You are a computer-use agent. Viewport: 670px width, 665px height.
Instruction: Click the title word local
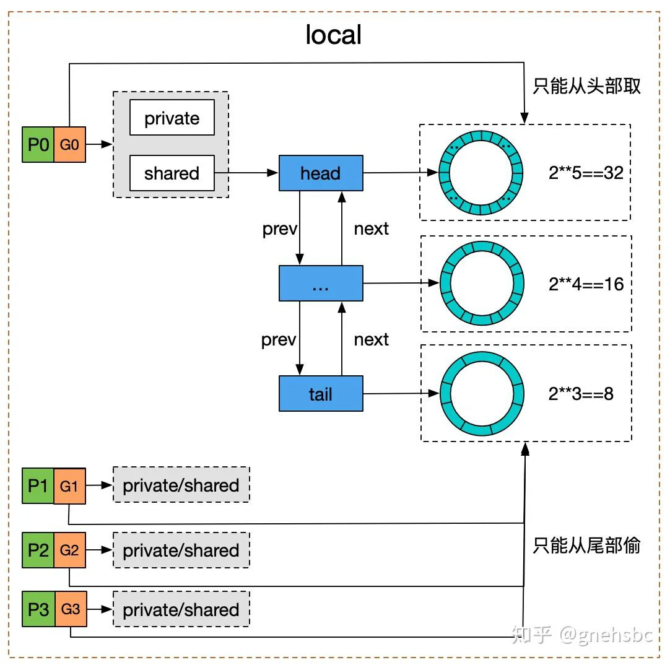(x=334, y=35)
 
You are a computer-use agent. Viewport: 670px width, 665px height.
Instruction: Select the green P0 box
(x=38, y=144)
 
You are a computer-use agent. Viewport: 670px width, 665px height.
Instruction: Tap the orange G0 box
(x=69, y=144)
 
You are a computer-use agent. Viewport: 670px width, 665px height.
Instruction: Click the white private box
(x=172, y=118)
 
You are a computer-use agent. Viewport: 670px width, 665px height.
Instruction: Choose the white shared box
(x=172, y=173)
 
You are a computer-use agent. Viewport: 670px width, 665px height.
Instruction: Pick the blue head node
(x=321, y=173)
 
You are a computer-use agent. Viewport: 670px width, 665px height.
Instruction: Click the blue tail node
(x=321, y=394)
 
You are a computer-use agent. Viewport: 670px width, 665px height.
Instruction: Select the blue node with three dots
(x=321, y=284)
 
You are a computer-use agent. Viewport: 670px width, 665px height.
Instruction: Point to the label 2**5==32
(x=586, y=173)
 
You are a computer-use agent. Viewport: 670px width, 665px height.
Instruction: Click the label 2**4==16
(x=586, y=284)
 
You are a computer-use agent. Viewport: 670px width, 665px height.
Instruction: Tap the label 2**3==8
(x=581, y=394)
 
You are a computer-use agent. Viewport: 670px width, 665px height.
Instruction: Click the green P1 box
(x=38, y=486)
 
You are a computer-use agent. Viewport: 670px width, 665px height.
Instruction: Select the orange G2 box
(x=69, y=550)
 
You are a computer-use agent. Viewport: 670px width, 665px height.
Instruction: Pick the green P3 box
(x=38, y=609)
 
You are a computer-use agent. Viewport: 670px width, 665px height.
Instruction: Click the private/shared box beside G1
(x=181, y=485)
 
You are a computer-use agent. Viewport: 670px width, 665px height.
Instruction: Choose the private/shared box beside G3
(x=181, y=609)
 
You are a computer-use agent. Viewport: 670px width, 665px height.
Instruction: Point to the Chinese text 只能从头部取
(x=586, y=86)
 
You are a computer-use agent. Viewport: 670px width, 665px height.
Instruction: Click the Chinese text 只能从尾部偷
(x=586, y=545)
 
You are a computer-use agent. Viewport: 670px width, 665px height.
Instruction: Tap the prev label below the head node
(x=279, y=229)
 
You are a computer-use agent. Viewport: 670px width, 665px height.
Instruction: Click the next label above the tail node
(x=372, y=340)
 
